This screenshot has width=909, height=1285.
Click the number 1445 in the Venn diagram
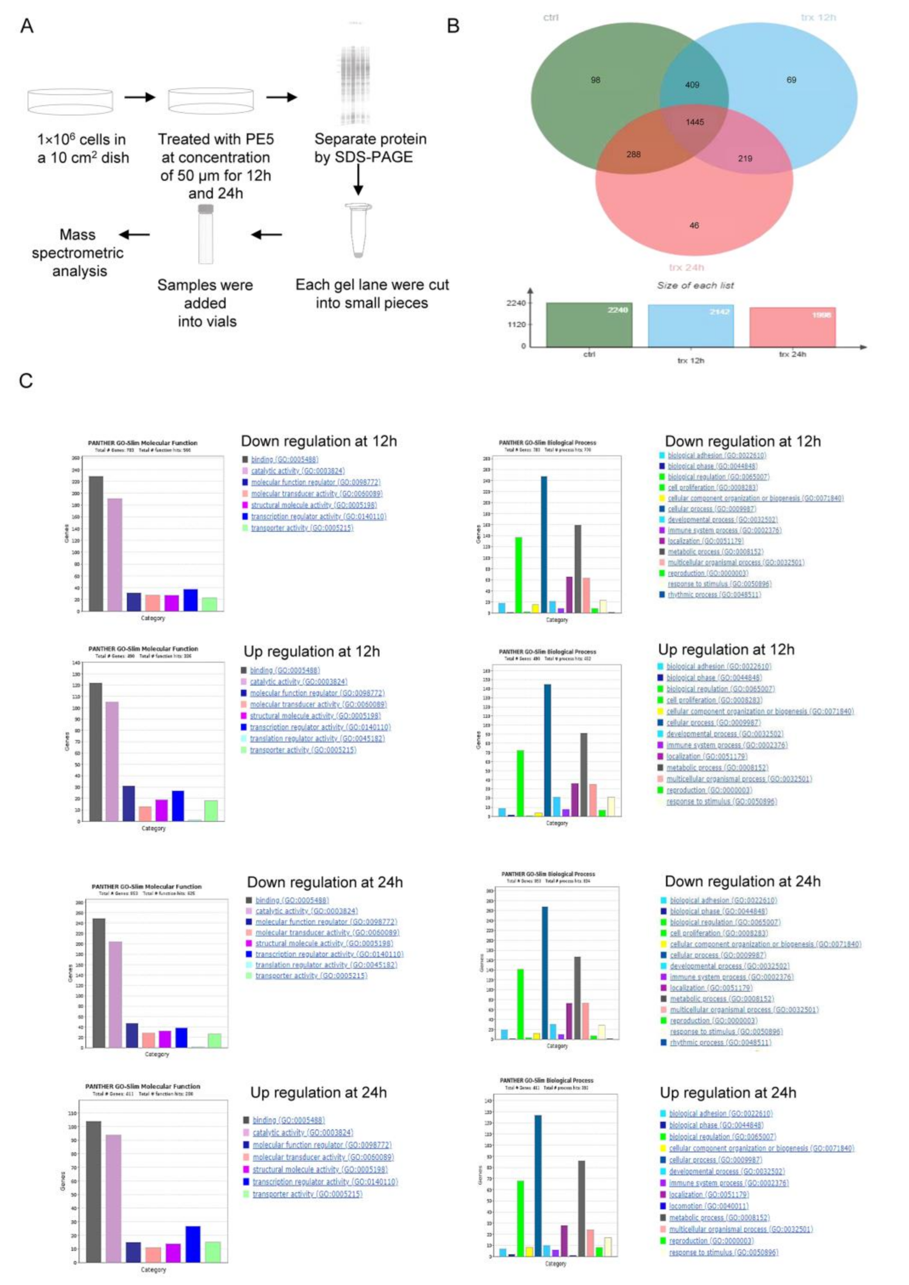click(695, 122)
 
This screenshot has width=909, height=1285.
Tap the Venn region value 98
click(596, 80)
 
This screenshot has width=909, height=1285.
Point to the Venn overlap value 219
click(745, 158)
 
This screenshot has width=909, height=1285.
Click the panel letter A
click(26, 26)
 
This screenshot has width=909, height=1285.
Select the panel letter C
click(26, 381)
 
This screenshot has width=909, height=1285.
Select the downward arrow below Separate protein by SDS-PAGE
click(358, 180)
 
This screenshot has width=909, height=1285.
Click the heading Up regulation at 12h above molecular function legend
click(312, 652)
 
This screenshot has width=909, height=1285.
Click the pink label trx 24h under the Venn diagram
click(686, 267)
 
